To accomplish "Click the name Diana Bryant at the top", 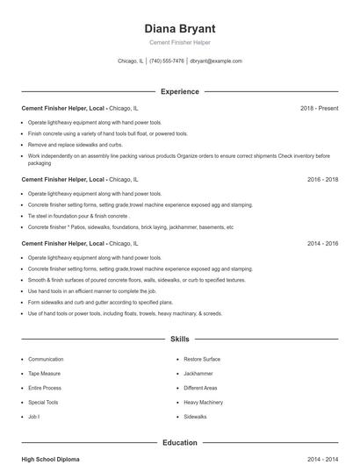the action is click(179, 28).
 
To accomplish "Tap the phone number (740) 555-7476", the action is click(167, 61).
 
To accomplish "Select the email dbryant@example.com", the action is click(216, 61).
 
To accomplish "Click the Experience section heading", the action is click(179, 91).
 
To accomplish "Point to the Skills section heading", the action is click(179, 338).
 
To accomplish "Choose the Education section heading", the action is click(179, 443).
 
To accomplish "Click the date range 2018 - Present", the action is click(319, 108).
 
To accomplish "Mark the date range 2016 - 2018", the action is click(322, 179).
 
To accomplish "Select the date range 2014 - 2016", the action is click(322, 243).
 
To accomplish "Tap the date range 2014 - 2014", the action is click(322, 459).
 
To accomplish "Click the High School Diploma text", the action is click(51, 459).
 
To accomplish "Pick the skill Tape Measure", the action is click(45, 374).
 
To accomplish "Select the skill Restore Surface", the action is click(202, 360).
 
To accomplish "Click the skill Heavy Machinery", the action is click(203, 402).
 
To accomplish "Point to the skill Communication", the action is click(46, 360).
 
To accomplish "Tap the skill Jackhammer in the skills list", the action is click(198, 374).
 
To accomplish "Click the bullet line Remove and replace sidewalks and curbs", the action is click(75, 144).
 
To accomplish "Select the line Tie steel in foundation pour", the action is click(79, 215).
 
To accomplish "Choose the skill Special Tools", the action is click(44, 402).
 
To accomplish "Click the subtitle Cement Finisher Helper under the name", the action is click(179, 42).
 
